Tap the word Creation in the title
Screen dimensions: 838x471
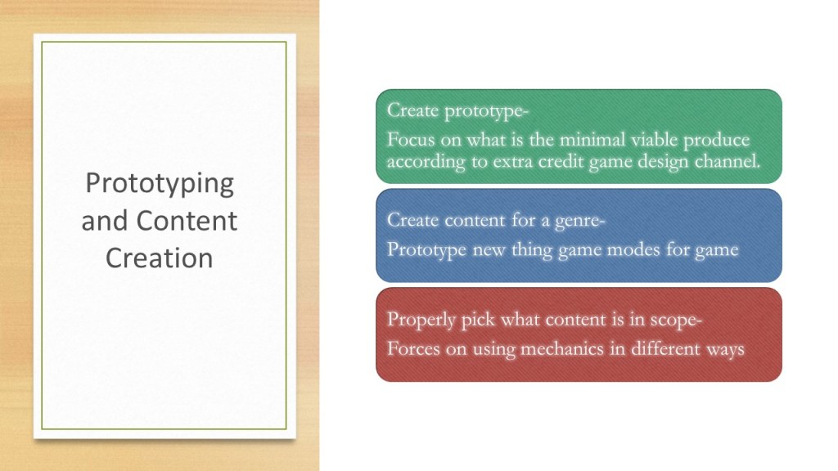pyautogui.click(x=160, y=258)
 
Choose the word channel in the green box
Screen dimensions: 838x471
pyautogui.click(x=727, y=161)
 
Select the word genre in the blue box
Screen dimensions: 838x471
pyautogui.click(x=579, y=221)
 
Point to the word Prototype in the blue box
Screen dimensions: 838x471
pyautogui.click(x=426, y=250)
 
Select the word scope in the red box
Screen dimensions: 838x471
pyautogui.click(x=676, y=321)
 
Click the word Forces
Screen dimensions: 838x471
pyautogui.click(x=411, y=348)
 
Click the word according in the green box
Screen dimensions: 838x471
pyautogui.click(x=426, y=162)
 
